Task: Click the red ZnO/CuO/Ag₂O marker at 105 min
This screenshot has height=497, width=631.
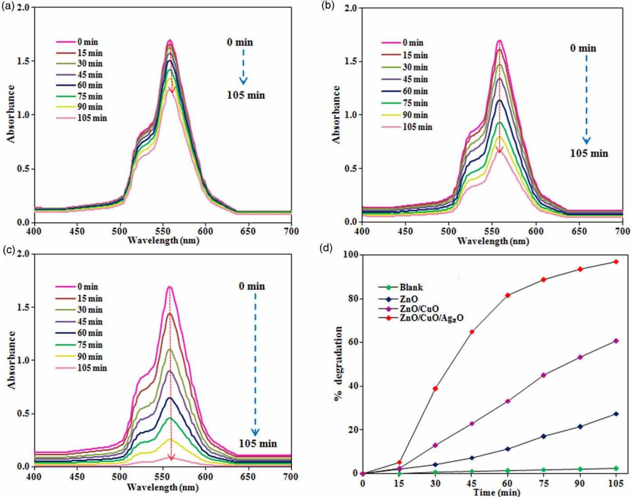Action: click(616, 262)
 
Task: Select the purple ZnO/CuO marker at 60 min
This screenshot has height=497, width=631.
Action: click(508, 401)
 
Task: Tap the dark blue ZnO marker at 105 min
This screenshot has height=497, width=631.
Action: click(616, 414)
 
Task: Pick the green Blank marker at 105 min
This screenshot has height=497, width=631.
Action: click(616, 468)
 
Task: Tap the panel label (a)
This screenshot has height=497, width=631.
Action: click(8, 6)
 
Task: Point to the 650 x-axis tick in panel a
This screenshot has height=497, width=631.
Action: click(247, 231)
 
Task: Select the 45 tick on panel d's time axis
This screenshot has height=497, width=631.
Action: click(471, 483)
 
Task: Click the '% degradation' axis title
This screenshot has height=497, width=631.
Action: click(338, 363)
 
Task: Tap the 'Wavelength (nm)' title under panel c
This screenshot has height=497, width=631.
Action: click(162, 487)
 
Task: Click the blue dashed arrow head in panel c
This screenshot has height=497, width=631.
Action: click(255, 432)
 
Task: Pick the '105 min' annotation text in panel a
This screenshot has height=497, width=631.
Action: click(246, 95)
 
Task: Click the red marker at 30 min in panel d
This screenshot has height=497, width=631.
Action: click(435, 389)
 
